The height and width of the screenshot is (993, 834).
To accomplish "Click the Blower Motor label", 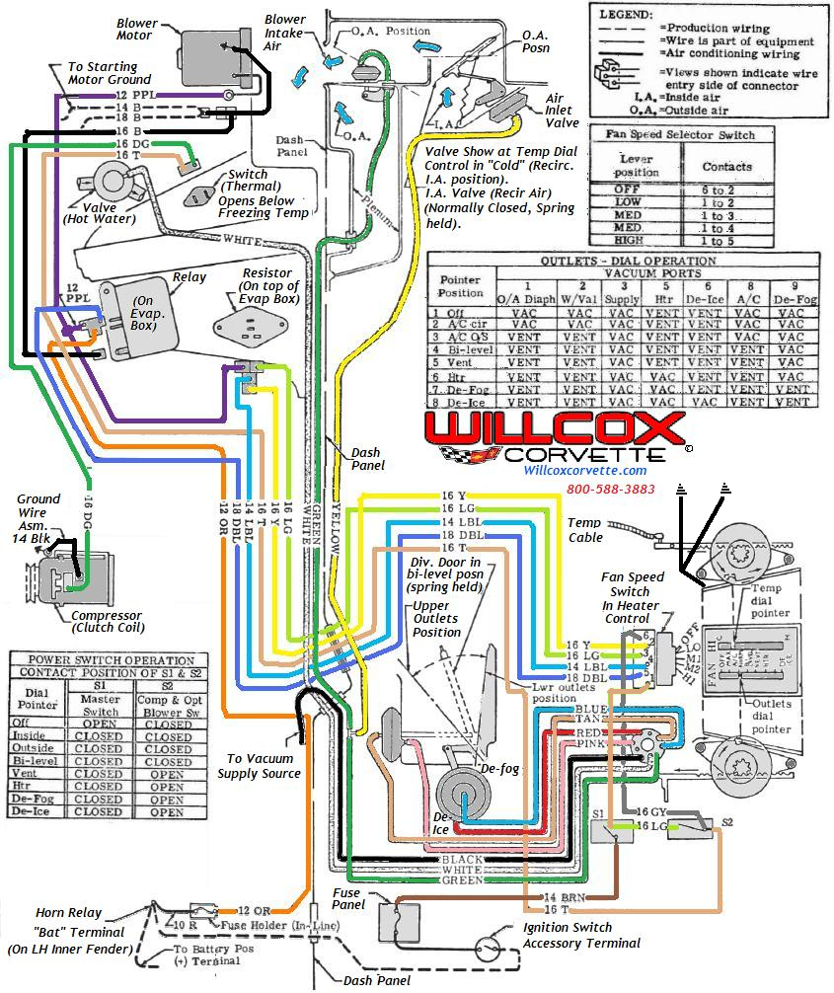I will [x=134, y=29].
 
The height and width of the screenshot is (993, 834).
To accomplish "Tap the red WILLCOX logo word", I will [x=554, y=430].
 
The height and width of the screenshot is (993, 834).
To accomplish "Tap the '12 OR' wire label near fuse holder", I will [x=255, y=909].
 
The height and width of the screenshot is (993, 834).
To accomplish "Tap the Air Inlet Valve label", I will [x=562, y=111].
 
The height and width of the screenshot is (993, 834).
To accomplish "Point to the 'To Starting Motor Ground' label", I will [x=109, y=73].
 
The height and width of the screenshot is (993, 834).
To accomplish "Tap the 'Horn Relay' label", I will [x=68, y=913].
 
